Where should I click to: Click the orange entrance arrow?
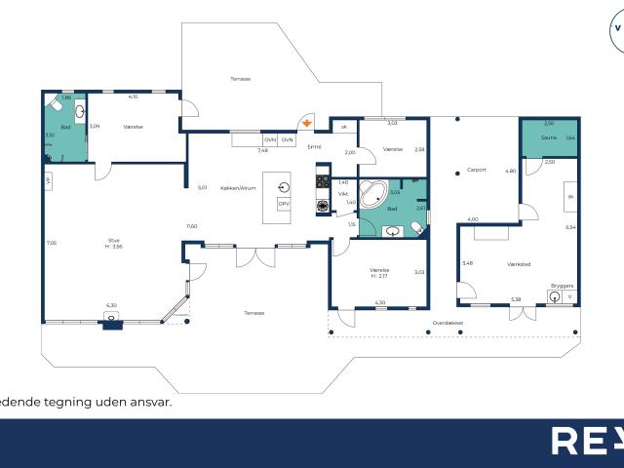(308, 124)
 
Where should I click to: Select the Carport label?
(477, 170)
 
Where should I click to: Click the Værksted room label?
(519, 262)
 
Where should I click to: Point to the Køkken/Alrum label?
(238, 188)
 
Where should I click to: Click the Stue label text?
(113, 238)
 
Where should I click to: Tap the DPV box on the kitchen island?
(285, 204)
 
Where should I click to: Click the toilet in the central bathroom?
(416, 228)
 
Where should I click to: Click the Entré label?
(314, 147)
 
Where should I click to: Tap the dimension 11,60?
(192, 226)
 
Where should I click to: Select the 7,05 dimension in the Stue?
(51, 243)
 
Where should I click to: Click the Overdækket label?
(448, 322)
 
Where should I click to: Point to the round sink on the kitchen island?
(285, 185)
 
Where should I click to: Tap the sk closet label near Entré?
(343, 127)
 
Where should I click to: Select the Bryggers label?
(563, 286)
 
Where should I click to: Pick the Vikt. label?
(343, 194)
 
